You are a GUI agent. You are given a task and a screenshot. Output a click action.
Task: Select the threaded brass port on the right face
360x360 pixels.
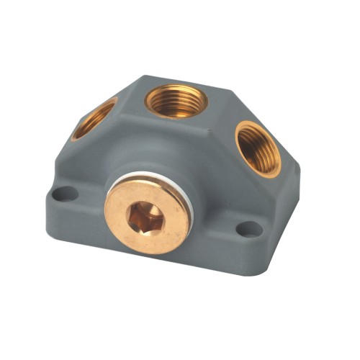click(x=258, y=148)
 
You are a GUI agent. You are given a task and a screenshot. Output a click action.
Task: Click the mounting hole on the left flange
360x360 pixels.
click(x=65, y=193)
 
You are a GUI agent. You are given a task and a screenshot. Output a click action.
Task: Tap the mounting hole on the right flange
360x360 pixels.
click(x=249, y=229)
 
